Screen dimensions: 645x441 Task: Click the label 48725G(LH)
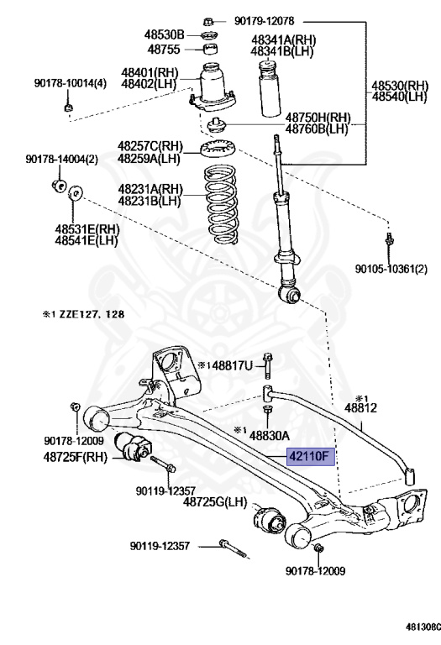click(217, 501)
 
